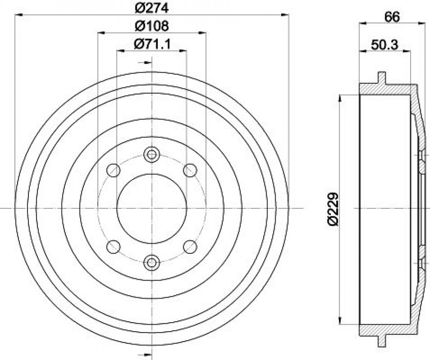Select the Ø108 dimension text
tap(152, 26)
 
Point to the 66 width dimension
tap(392, 17)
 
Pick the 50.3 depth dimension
tap(384, 45)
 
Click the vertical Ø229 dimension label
tap(333, 209)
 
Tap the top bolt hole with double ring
tap(152, 155)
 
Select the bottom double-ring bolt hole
tap(152, 263)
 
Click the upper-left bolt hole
tap(113, 171)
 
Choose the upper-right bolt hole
tap(190, 171)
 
